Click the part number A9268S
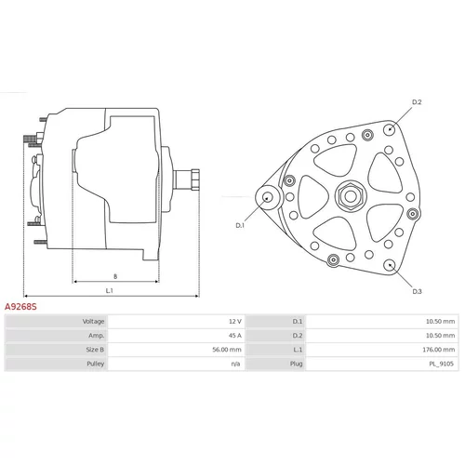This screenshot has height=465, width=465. point(20,307)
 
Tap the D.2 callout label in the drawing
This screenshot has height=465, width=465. point(417,102)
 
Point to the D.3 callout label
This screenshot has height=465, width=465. point(417,291)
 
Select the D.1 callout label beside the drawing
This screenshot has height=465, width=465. point(240,225)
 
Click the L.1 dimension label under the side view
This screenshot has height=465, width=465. point(109,290)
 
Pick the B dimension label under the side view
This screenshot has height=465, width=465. point(115,276)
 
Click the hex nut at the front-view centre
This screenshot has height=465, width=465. point(351,196)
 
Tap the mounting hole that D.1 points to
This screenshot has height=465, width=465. point(268,197)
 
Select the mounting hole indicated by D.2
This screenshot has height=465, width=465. point(390,129)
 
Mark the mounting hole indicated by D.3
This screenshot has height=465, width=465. point(390,265)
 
